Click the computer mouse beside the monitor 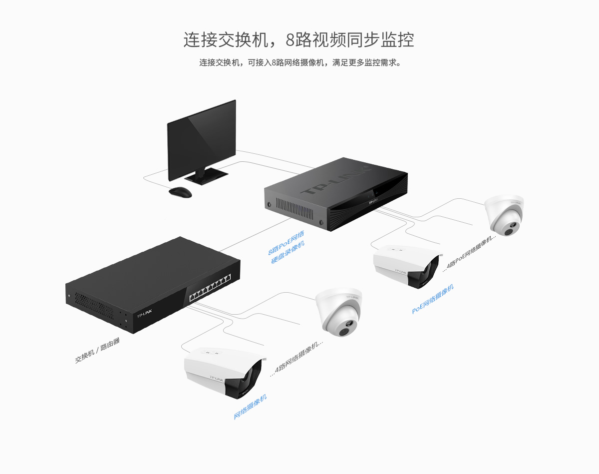click(180, 192)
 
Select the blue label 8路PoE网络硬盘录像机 click(287, 247)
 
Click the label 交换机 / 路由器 click(97, 350)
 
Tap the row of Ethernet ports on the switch click(210, 288)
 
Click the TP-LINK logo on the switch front click(144, 314)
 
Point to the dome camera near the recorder click(504, 215)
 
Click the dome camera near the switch click(339, 312)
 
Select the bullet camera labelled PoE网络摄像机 click(407, 266)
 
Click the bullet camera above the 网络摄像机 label click(224, 372)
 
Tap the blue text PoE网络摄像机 click(433, 299)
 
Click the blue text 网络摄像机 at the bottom click(250, 407)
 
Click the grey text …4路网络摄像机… click(297, 359)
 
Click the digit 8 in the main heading click(290, 40)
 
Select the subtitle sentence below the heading click(300, 62)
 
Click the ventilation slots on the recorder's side click(295, 208)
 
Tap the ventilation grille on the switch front click(94, 306)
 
